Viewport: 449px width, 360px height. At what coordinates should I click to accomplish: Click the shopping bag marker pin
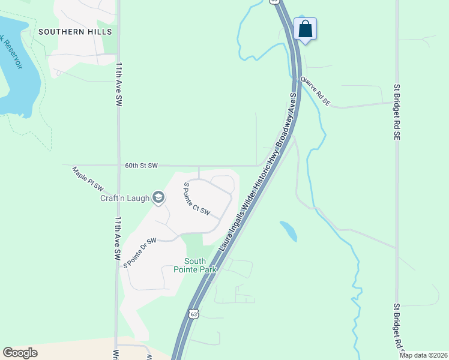[x=305, y=29]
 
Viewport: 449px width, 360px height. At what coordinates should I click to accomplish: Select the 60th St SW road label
[x=141, y=165]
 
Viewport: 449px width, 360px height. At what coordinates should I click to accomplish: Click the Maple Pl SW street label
[x=88, y=178]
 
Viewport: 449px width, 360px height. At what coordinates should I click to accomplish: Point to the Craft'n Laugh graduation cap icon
[x=158, y=197]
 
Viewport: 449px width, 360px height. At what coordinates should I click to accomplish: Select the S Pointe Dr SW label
[x=139, y=253]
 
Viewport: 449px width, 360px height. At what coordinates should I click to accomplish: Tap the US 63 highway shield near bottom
[x=192, y=314]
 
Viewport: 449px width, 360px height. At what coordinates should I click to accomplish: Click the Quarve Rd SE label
[x=316, y=91]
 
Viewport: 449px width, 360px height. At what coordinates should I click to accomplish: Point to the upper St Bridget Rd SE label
[x=397, y=112]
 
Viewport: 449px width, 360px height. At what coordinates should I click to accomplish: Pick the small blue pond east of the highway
[x=288, y=231]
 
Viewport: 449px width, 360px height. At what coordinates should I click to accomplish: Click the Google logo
[x=20, y=353]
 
